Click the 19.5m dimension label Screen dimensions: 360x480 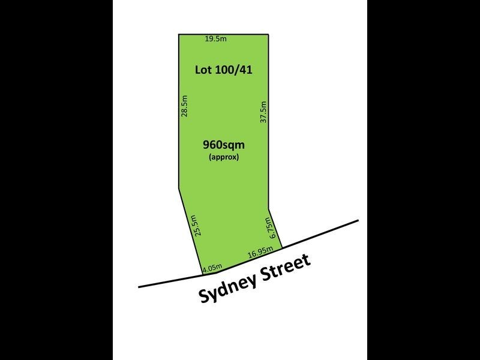click(x=215, y=40)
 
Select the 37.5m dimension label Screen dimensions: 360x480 click(x=263, y=112)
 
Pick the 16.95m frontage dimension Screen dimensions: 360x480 click(x=261, y=255)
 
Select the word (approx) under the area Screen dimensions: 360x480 click(x=224, y=157)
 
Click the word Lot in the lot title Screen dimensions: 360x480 click(x=204, y=70)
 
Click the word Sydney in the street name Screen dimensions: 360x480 click(x=231, y=286)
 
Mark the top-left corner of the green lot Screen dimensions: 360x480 click(x=179, y=35)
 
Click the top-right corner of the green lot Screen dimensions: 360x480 click(x=268, y=35)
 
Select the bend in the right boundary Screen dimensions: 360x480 click(x=268, y=208)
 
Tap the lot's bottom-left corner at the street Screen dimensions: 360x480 click(x=202, y=275)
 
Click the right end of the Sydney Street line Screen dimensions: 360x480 click(x=358, y=220)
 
